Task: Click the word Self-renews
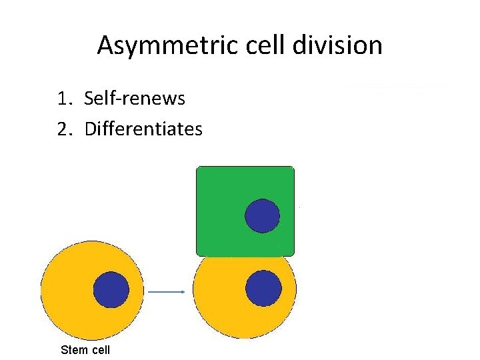coord(135,99)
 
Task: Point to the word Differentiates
coord(143,128)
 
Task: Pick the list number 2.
coord(63,128)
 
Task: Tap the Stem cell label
coord(85,349)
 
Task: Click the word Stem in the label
coord(73,349)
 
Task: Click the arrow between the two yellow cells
coord(166,291)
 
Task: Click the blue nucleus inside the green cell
coord(263,215)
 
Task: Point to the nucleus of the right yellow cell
coord(263,289)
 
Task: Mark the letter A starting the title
coord(105,46)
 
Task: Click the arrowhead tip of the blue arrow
coord(183,291)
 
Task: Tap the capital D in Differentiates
coord(90,128)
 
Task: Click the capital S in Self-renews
coord(89,99)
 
